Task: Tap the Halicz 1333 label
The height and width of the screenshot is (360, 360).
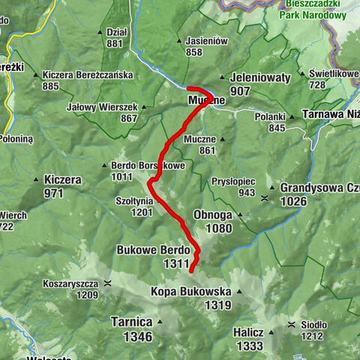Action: [248, 338]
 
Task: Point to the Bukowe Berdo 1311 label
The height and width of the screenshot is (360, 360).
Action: [153, 256]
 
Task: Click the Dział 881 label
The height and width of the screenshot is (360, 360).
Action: [115, 37]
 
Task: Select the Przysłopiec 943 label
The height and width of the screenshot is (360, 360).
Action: [233, 187]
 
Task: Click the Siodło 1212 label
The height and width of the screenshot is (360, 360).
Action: [313, 329]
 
